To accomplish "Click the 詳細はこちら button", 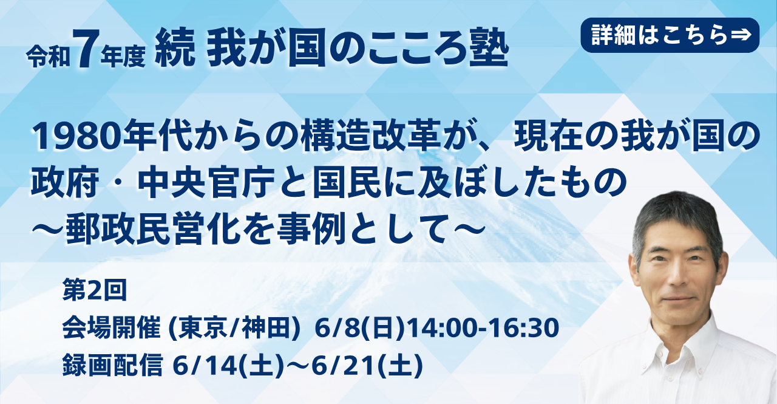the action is point(670,35).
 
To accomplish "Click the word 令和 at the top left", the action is point(49,58).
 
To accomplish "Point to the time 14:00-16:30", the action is point(483,328).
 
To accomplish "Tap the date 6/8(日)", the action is point(360,328).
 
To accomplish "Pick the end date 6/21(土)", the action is point(367,365).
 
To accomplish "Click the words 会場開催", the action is point(111,328).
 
